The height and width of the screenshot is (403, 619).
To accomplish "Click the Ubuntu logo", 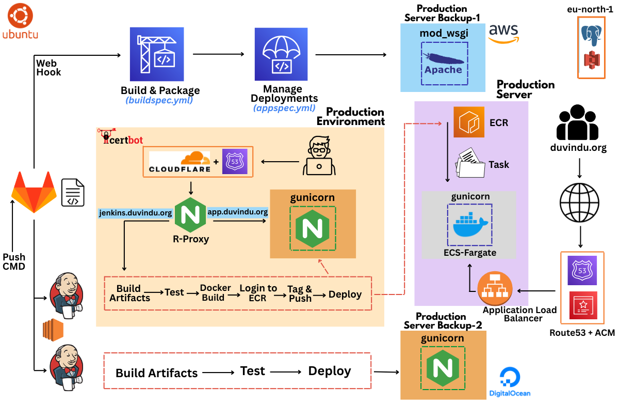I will [x=20, y=17].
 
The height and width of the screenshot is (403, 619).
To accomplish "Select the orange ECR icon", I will [x=468, y=122].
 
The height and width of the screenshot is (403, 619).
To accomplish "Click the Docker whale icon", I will [x=469, y=223].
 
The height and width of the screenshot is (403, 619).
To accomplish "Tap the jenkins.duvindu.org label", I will [x=135, y=213].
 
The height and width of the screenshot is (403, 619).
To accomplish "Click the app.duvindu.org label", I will [x=238, y=212].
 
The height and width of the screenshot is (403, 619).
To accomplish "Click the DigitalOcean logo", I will [x=509, y=382].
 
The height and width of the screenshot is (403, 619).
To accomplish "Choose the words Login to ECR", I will [x=258, y=293].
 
